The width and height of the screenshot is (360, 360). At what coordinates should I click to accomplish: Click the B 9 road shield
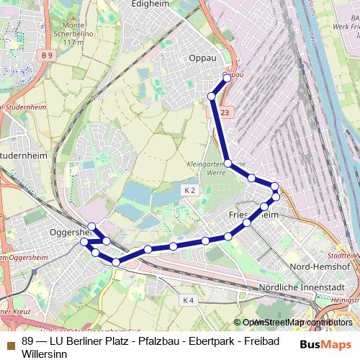(x=48, y=55)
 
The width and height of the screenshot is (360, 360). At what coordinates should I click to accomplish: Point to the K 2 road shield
(x=189, y=189)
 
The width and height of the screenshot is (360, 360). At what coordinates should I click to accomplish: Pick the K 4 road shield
(x=189, y=299)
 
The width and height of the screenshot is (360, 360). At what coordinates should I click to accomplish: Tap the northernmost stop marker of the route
(x=228, y=78)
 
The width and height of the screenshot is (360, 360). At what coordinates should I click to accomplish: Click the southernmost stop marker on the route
(x=116, y=263)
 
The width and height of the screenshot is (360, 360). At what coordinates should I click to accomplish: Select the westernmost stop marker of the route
(x=84, y=243)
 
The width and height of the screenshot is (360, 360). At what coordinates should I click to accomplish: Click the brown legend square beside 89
(x=10, y=342)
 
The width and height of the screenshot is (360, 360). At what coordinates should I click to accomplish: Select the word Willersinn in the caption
(x=45, y=354)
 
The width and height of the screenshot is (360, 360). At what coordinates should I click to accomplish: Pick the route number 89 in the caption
(x=28, y=342)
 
